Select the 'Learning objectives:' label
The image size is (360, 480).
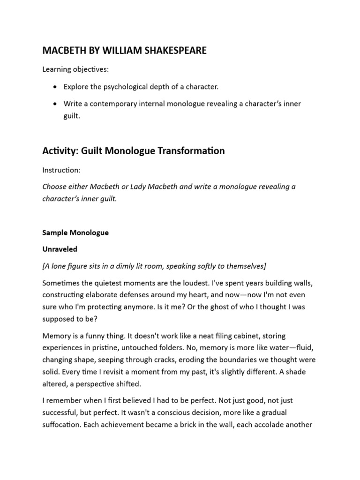coord(75,69)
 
